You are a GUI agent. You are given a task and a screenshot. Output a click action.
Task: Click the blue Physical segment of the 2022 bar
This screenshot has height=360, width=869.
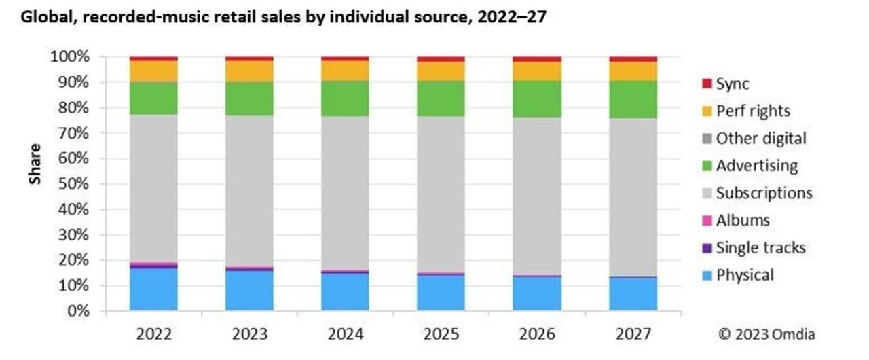tap(153, 290)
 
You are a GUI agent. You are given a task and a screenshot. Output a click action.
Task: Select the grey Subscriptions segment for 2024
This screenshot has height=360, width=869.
tap(345, 193)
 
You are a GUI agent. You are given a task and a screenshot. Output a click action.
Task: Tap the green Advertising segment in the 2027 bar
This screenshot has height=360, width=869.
tap(633, 99)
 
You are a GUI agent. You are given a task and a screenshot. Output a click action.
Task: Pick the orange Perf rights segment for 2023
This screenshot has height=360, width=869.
tap(249, 71)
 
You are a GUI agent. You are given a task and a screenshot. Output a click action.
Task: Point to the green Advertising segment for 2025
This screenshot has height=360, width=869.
tap(441, 98)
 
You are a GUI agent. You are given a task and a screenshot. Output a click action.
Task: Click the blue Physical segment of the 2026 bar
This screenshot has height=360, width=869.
tap(537, 293)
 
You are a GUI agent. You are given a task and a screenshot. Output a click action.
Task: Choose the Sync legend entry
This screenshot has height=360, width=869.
tap(733, 84)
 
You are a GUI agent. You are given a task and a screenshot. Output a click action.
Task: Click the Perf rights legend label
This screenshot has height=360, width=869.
tap(753, 111)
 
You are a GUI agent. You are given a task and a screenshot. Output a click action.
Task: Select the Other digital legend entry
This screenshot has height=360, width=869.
tap(761, 138)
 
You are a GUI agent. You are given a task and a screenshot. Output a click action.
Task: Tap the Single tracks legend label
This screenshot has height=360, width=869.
tap(760, 248)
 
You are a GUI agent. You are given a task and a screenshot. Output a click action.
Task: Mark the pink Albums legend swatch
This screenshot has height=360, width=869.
tap(706, 221)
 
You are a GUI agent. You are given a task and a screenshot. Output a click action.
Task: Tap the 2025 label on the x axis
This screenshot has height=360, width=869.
tap(441, 334)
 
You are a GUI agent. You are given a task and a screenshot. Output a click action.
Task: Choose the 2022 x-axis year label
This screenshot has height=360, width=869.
tap(153, 334)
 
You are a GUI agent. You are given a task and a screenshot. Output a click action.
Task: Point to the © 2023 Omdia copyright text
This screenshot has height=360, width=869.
tap(767, 334)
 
